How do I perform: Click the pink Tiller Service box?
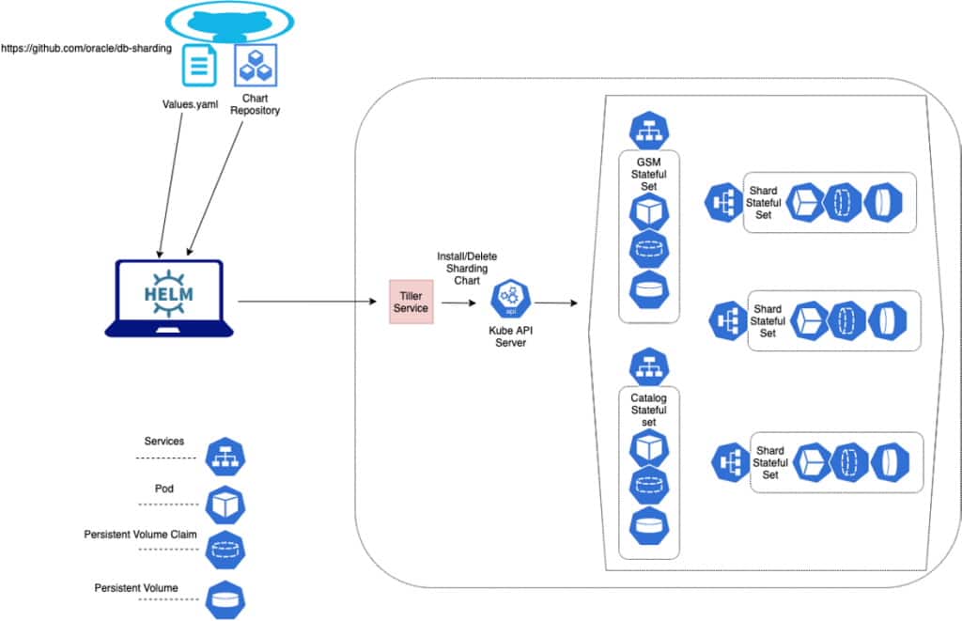tap(411, 302)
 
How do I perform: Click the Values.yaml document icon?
tap(198, 66)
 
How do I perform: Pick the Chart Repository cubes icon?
tap(255, 66)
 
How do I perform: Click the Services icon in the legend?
tap(225, 457)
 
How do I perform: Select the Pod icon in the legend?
tap(225, 505)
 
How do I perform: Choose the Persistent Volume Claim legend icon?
tap(225, 551)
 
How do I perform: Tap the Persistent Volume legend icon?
tap(225, 598)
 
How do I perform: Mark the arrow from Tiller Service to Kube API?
tap(459, 303)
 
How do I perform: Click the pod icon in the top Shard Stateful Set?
tap(805, 202)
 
